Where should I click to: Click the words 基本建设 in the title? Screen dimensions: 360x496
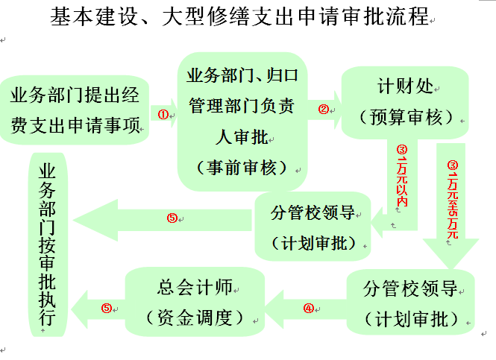(x=88, y=17)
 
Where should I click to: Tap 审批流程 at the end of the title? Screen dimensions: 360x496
(x=383, y=17)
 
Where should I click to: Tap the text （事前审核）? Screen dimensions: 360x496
(x=242, y=167)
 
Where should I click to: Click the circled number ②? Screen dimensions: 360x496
(x=323, y=109)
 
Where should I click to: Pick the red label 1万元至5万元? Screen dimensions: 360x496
(x=451, y=198)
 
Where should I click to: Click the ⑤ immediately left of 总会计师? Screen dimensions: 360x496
(x=107, y=307)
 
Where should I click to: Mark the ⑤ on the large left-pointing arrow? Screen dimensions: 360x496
(x=172, y=218)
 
